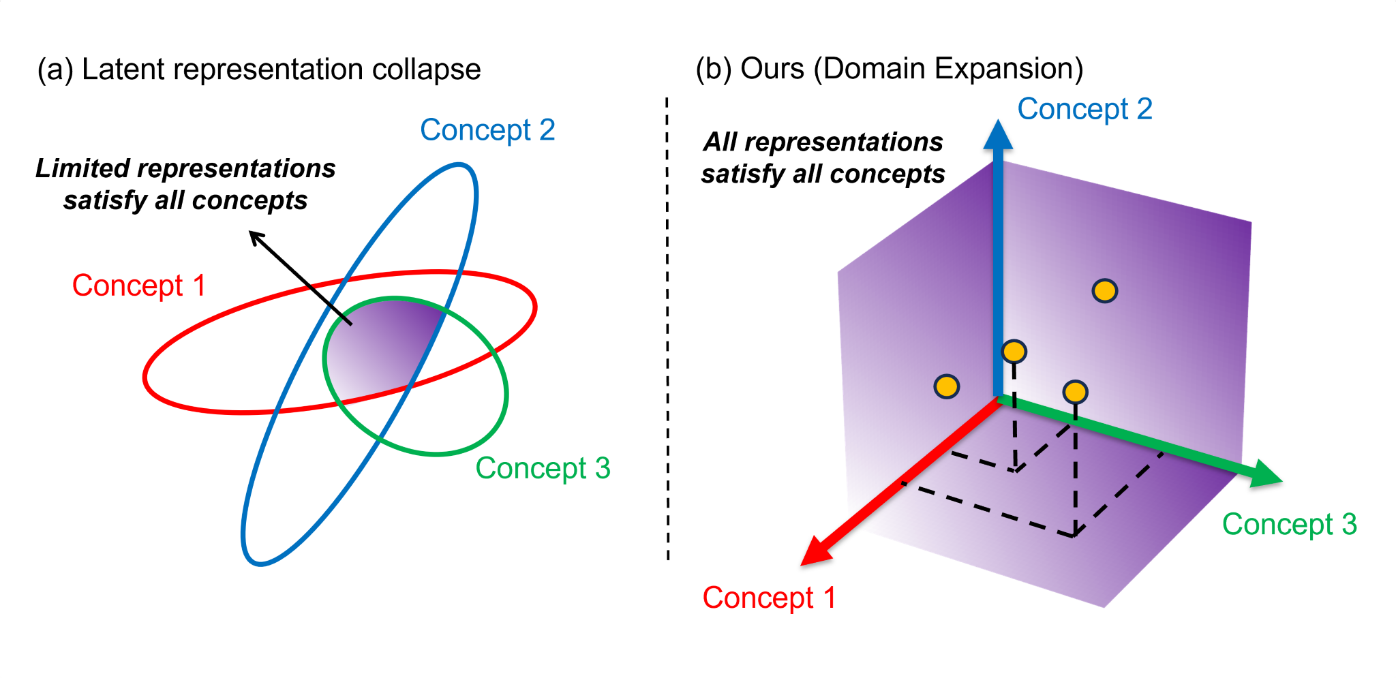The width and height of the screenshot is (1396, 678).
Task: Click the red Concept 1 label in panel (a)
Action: (139, 286)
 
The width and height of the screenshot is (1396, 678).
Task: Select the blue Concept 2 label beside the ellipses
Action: (487, 130)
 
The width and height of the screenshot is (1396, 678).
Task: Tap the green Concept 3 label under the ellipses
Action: (543, 468)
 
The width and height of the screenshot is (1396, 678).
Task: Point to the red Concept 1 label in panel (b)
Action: (769, 598)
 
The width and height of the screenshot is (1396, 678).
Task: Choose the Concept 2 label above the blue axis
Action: (1084, 109)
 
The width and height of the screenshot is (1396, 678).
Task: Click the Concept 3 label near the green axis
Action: (1289, 525)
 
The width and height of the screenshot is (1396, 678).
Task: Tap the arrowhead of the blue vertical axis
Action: (998, 134)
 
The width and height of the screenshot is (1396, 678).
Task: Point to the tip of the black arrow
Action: (251, 233)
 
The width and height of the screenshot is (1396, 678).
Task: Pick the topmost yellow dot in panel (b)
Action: (1104, 291)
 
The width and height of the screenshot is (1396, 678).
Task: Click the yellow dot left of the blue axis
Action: (946, 386)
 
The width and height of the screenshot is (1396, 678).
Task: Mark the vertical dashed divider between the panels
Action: (667, 327)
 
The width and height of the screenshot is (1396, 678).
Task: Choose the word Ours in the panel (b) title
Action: (772, 69)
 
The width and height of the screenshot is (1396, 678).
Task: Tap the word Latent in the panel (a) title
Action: (123, 70)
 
